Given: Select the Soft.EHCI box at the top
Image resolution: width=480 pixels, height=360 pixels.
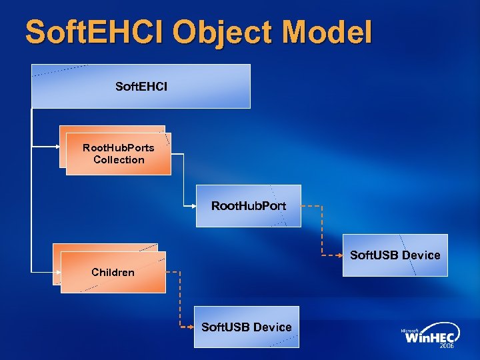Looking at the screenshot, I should [x=141, y=86].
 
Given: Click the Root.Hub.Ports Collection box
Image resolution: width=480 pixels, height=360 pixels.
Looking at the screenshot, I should [x=118, y=154].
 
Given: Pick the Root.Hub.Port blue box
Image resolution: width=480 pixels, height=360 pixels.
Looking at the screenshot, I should [x=249, y=206].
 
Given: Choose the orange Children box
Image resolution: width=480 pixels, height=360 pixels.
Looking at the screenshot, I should [x=112, y=272].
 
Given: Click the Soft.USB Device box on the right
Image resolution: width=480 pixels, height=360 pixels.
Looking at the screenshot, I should [x=395, y=255].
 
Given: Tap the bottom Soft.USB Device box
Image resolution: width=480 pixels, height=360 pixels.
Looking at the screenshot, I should [x=247, y=327].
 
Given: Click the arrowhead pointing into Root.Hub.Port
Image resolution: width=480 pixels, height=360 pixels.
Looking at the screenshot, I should [x=193, y=205].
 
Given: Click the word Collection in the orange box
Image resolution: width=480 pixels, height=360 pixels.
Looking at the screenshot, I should [x=119, y=160].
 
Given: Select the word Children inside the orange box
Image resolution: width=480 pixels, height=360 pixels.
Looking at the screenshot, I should [x=113, y=272].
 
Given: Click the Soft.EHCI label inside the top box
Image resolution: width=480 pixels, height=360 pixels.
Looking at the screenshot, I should [x=141, y=87].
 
